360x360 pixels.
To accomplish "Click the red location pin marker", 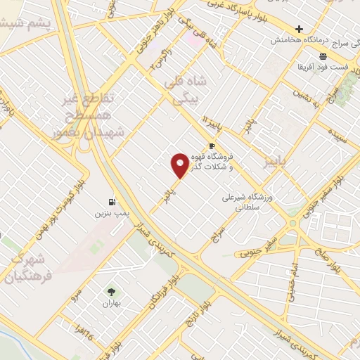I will (180, 165).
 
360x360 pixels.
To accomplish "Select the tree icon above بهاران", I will (111, 292).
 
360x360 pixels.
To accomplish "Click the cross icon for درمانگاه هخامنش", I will (300, 30).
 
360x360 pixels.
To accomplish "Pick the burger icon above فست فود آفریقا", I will (322, 56).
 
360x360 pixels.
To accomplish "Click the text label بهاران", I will (111, 304).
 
